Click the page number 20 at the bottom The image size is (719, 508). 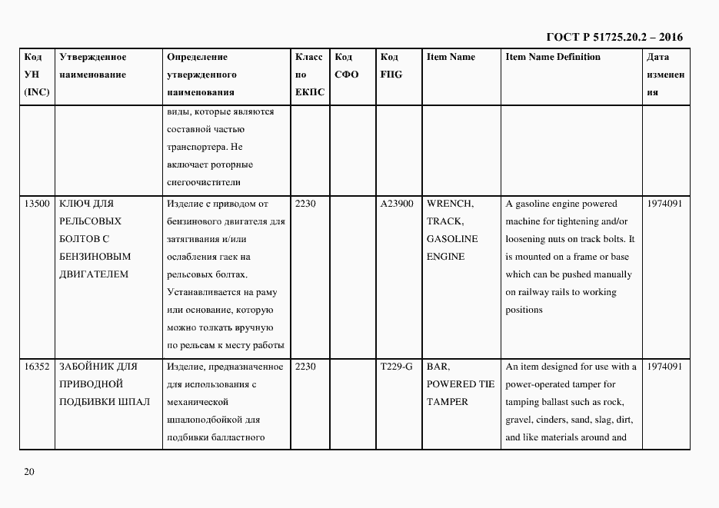(28, 471)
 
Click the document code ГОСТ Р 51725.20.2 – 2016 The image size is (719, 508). (614, 37)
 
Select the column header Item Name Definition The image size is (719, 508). (553, 58)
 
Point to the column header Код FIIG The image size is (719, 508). (391, 66)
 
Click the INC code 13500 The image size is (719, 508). (37, 204)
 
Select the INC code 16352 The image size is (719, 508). (37, 367)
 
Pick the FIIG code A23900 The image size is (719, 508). (397, 204)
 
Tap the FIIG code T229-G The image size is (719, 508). (397, 367)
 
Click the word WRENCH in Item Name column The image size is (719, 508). (450, 204)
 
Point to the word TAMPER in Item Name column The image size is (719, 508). (448, 402)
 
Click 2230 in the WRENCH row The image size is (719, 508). (305, 204)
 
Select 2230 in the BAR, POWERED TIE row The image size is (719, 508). (305, 367)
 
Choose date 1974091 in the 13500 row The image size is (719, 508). (665, 204)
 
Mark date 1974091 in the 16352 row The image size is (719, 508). (665, 367)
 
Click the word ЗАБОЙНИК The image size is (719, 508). (84, 367)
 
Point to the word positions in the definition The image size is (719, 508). (524, 310)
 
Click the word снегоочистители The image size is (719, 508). (204, 182)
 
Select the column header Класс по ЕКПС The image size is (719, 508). (309, 75)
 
